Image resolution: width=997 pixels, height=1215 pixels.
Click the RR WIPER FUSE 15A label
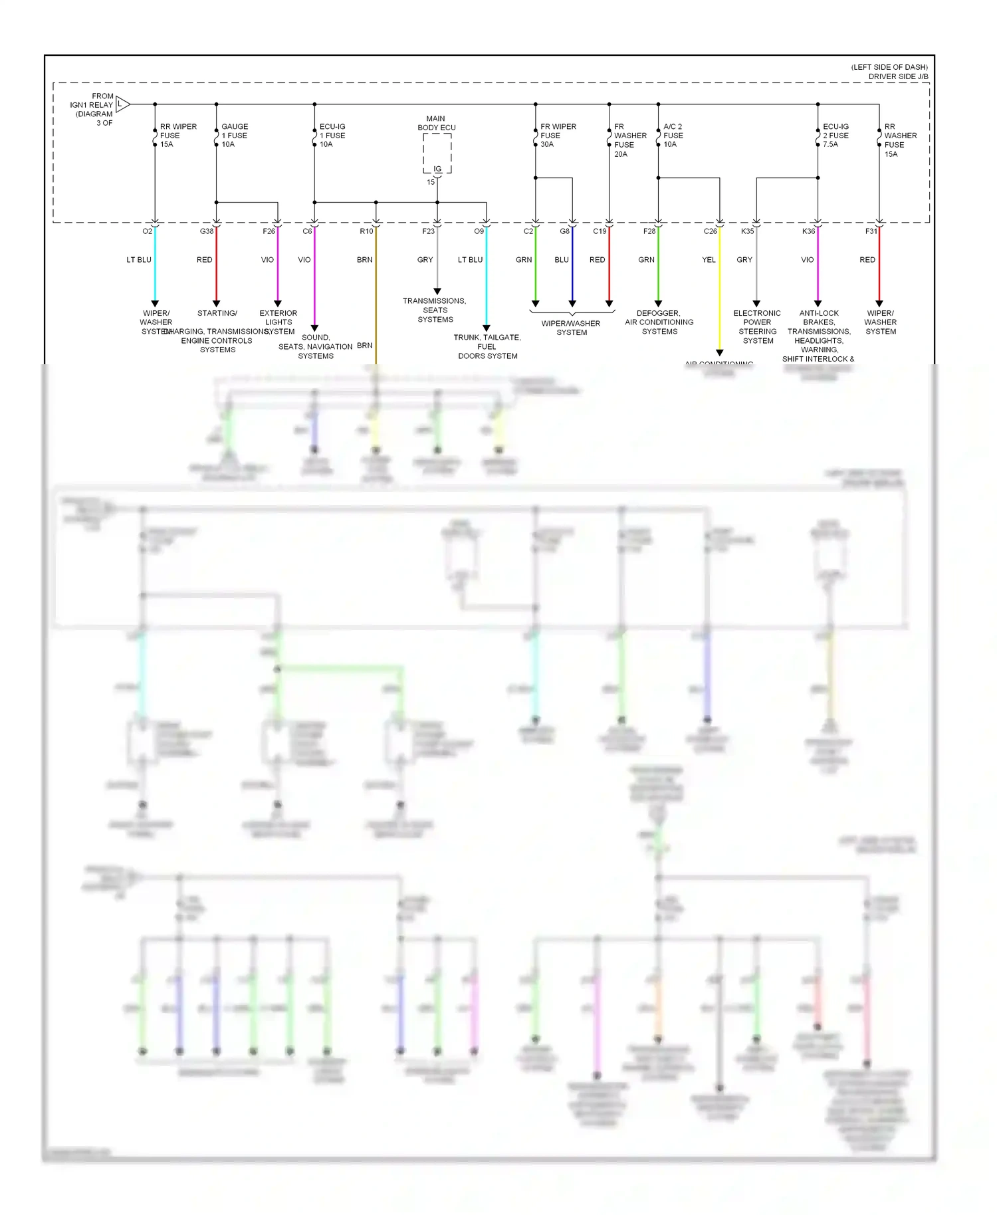pyautogui.click(x=177, y=136)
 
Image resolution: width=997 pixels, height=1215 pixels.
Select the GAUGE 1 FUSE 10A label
pyautogui.click(x=234, y=136)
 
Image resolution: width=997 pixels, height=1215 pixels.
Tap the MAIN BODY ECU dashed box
pyautogui.click(x=437, y=154)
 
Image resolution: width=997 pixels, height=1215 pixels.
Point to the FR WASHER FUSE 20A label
pyautogui.click(x=629, y=140)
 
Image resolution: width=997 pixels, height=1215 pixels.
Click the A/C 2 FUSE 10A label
pyautogui.click(x=673, y=136)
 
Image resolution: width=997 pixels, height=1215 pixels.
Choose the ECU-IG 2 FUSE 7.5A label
pyautogui.click(x=835, y=136)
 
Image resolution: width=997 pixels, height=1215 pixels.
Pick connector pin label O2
pyautogui.click(x=147, y=231)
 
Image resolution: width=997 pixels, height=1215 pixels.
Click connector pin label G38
pyautogui.click(x=207, y=231)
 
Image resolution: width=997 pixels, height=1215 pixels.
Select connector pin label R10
pyautogui.click(x=366, y=231)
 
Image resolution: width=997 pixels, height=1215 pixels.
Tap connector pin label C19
pyautogui.click(x=600, y=231)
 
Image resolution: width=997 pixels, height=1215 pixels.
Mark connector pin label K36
pyautogui.click(x=808, y=231)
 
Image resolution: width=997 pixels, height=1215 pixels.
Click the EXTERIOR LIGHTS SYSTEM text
pyautogui.click(x=278, y=322)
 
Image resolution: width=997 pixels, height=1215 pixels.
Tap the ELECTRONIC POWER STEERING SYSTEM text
pyautogui.click(x=757, y=327)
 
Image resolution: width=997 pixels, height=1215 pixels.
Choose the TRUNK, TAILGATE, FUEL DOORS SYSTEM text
pyautogui.click(x=487, y=347)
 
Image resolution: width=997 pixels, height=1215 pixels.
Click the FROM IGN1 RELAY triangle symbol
pyautogui.click(x=122, y=104)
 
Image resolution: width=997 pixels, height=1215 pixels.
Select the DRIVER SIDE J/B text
pyautogui.click(x=898, y=76)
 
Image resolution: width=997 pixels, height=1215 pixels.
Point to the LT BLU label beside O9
pyautogui.click(x=470, y=260)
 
